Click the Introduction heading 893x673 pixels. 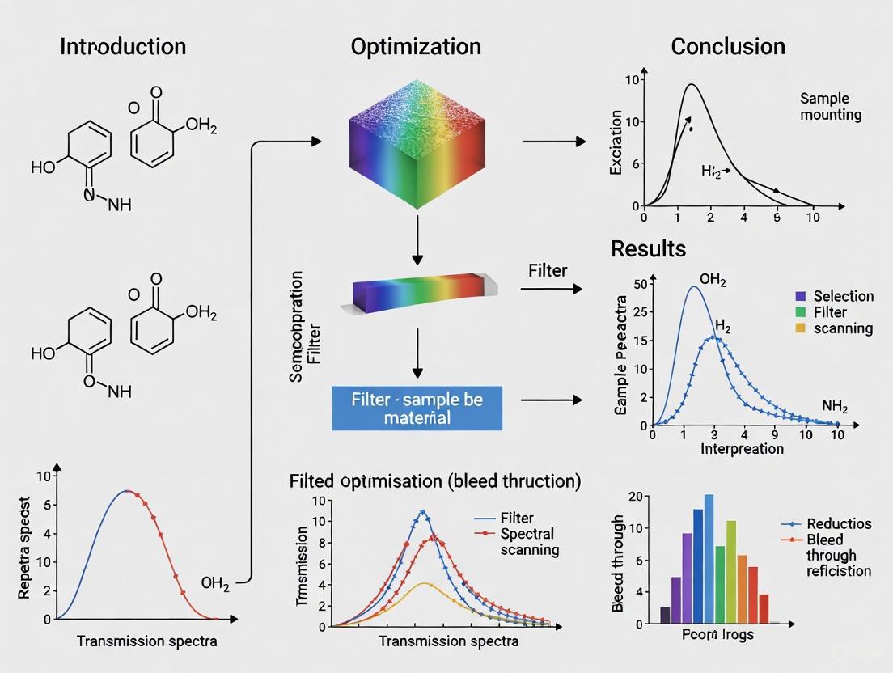[123, 46]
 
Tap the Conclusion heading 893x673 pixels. [728, 46]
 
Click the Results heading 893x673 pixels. [648, 248]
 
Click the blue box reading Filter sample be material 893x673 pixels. [417, 408]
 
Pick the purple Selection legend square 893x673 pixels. [801, 296]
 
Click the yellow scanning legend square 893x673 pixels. [801, 328]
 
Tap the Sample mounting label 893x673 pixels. [831, 106]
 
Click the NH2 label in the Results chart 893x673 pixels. [835, 406]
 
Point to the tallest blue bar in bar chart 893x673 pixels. [709, 559]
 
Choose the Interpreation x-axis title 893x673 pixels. [742, 448]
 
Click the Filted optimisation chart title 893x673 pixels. [434, 481]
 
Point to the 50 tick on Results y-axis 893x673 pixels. [641, 284]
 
